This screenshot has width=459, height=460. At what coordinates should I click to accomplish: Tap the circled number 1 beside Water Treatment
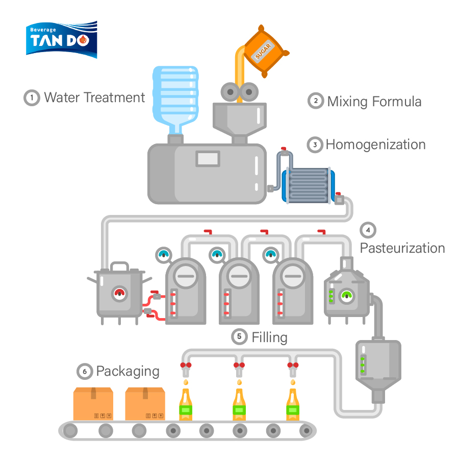[32, 97]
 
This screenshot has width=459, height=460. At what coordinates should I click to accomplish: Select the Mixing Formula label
[374, 101]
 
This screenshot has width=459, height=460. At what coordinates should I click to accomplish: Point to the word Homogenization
[375, 144]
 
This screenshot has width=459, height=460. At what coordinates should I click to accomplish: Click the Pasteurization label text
[402, 248]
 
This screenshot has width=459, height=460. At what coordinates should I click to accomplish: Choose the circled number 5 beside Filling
[239, 336]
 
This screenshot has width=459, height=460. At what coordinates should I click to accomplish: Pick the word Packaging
[127, 371]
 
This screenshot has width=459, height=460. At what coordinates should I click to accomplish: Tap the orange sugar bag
[264, 52]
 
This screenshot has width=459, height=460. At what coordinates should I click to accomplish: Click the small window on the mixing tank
[208, 159]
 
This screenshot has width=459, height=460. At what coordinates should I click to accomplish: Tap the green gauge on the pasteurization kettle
[348, 295]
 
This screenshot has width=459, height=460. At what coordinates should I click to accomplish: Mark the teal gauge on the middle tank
[218, 254]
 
